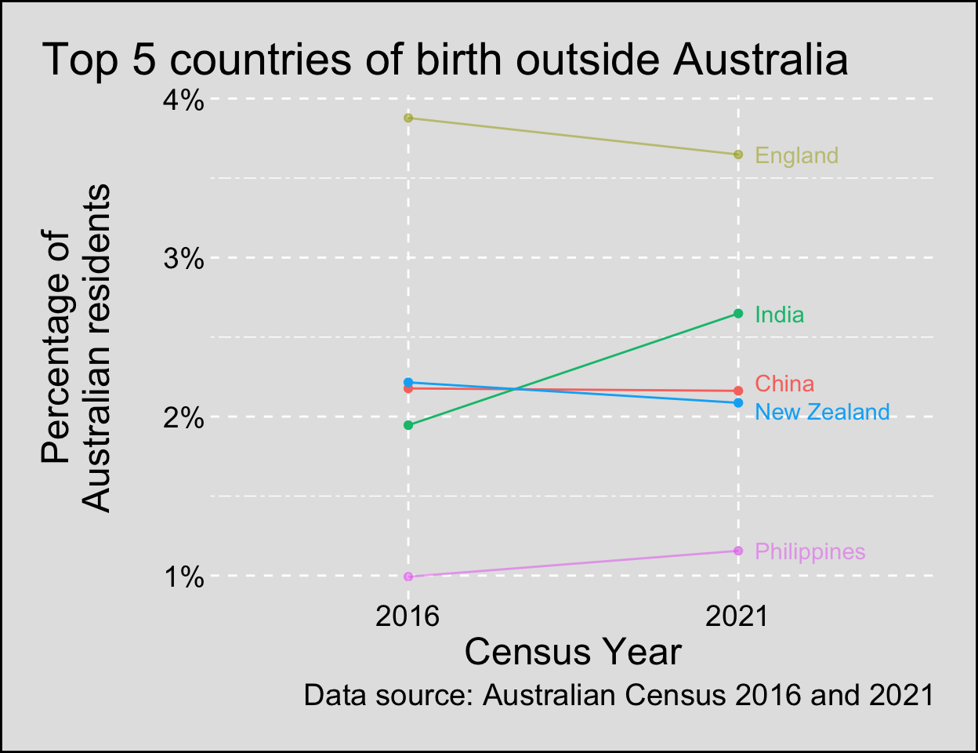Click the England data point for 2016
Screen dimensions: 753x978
pos(408,118)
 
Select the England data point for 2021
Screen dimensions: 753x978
pos(738,155)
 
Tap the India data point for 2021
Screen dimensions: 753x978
pos(738,314)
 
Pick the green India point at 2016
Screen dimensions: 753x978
pos(408,425)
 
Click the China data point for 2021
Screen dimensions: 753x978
pos(738,391)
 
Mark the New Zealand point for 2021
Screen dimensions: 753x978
pos(738,403)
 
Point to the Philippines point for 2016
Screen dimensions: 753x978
pos(408,577)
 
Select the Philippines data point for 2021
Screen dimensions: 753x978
pos(738,551)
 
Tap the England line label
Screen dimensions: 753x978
pos(796,155)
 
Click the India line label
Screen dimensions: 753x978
pos(779,315)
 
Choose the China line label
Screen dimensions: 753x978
pos(784,384)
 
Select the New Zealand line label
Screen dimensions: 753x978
pos(822,412)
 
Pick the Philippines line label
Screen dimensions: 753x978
pos(810,551)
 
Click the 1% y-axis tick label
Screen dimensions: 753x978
pos(184,578)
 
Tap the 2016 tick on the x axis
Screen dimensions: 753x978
pos(407,616)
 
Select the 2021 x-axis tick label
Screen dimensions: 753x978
pos(737,616)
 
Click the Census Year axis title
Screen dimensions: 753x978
pos(573,652)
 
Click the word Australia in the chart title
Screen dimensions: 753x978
pos(760,60)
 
